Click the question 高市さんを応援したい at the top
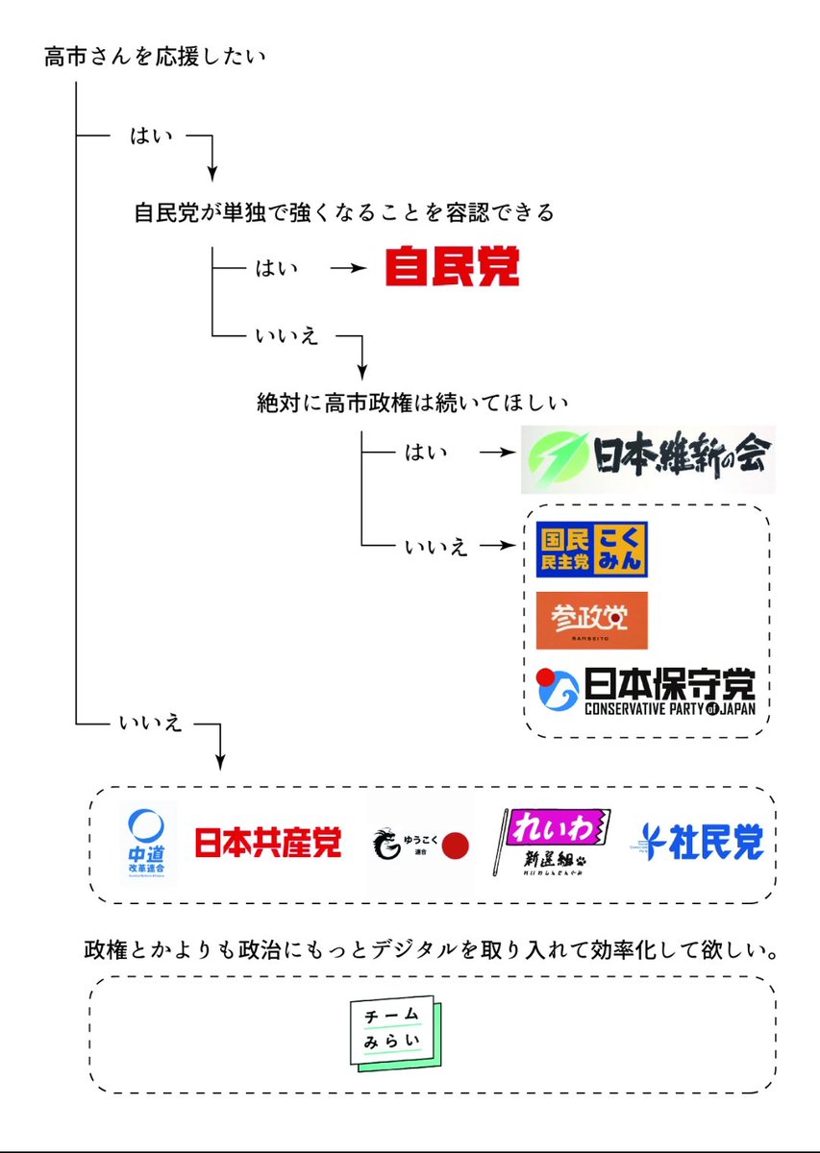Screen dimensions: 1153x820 [154, 58]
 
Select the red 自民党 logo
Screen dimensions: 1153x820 [452, 267]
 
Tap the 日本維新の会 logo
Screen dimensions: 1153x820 [647, 458]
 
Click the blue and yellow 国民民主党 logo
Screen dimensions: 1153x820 [591, 549]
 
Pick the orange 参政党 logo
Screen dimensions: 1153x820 [591, 620]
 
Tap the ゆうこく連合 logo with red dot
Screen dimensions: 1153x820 [421, 845]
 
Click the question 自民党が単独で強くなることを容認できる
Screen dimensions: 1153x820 [344, 212]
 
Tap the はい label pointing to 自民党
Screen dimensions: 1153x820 [276, 269]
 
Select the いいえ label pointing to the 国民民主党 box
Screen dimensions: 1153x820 [435, 547]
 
